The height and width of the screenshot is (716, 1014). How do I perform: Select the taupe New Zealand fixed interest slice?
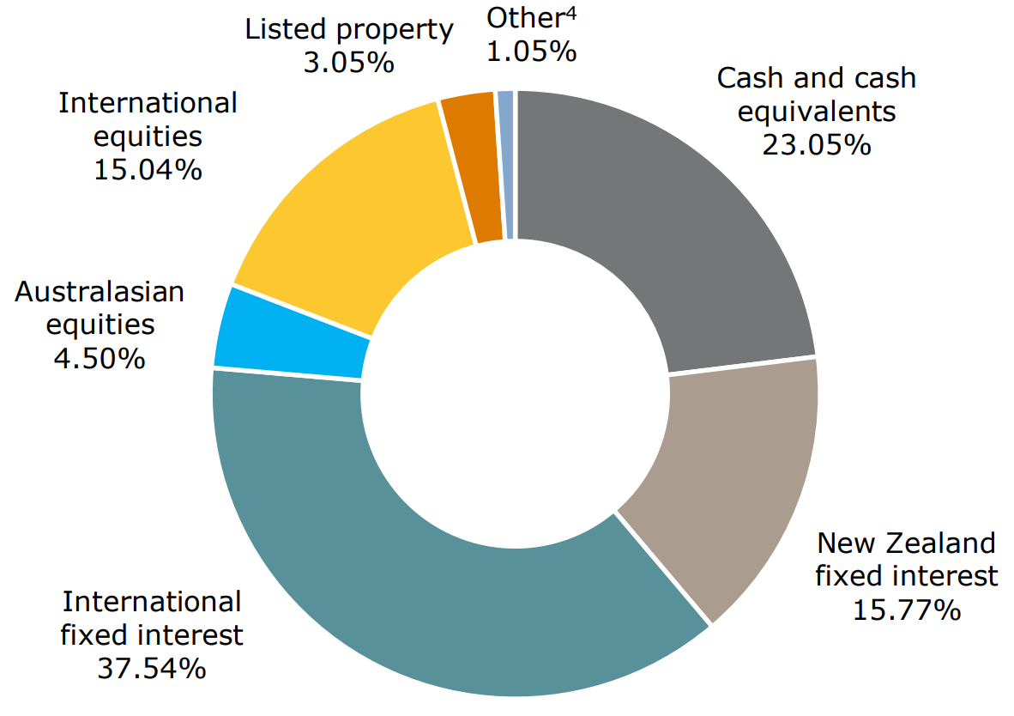[729, 481]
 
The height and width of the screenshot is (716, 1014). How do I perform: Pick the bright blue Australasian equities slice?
[292, 335]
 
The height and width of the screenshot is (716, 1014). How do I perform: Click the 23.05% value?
[816, 144]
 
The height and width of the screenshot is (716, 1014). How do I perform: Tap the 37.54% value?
[152, 667]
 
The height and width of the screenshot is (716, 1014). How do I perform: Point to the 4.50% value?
[100, 357]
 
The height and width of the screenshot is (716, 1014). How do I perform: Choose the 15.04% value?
[148, 168]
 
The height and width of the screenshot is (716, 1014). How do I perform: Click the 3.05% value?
[348, 63]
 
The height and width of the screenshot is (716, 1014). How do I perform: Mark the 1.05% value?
[531, 52]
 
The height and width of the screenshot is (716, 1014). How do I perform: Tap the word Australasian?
[100, 292]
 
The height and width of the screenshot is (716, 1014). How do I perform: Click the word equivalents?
[817, 112]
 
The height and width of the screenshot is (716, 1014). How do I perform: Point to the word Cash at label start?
[745, 78]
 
